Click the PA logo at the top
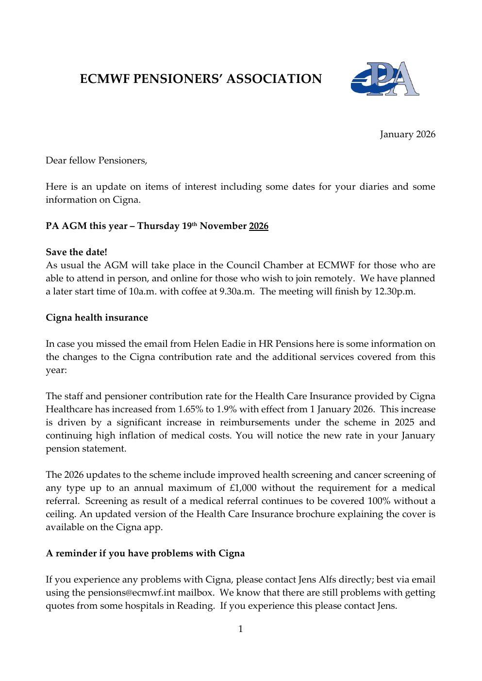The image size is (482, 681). pyautogui.click(x=385, y=79)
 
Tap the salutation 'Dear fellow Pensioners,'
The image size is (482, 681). pyautogui.click(x=96, y=160)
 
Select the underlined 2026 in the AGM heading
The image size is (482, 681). pyautogui.click(x=258, y=226)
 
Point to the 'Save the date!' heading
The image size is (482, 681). pyautogui.click(x=76, y=252)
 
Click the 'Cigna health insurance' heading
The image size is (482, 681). pyautogui.click(x=97, y=318)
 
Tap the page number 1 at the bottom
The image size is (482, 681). pyautogui.click(x=241, y=629)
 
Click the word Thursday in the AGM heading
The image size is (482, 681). pyautogui.click(x=158, y=226)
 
